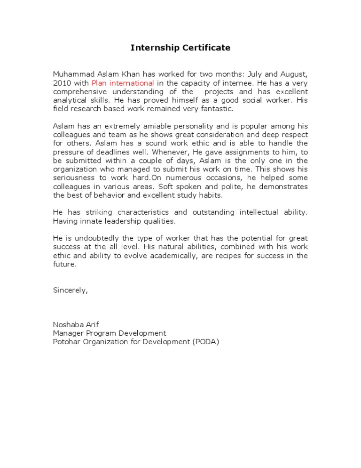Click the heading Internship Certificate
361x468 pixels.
[180, 48]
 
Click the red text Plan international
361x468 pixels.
[123, 83]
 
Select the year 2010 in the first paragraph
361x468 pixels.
[62, 83]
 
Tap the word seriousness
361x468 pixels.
[74, 178]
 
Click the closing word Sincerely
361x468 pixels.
[70, 290]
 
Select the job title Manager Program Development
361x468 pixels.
[110, 333]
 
